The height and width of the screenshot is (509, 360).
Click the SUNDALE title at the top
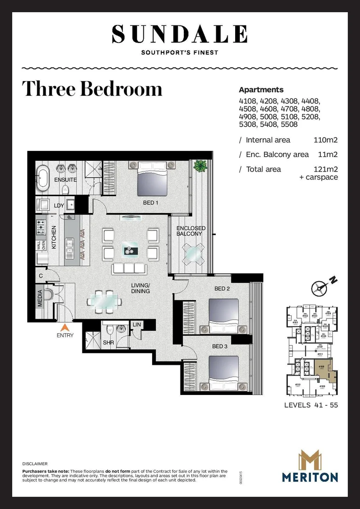coord(180,34)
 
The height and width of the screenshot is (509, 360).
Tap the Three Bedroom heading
coord(92,89)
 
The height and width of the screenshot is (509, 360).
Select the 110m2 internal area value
coord(326,140)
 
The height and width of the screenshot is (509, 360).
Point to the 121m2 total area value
coord(326,169)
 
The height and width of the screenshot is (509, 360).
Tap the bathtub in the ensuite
coord(43,178)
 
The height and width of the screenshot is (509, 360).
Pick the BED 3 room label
coord(220,346)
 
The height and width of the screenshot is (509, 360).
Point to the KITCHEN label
coord(54,237)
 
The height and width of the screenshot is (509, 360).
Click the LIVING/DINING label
coord(140,288)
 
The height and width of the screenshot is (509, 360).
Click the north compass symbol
coord(320,287)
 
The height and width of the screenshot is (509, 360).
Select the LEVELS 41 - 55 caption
coord(311,405)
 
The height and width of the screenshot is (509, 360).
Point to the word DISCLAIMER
coord(35,464)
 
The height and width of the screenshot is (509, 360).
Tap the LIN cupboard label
coord(137,325)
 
